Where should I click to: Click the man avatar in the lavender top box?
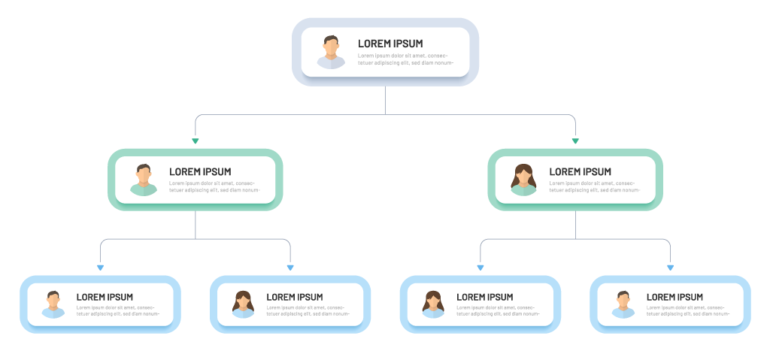tap(331, 52)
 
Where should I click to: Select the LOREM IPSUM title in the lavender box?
tap(390, 44)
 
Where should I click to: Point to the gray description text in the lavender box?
tap(406, 59)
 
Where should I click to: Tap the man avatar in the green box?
tap(143, 180)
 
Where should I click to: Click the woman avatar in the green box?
tap(523, 180)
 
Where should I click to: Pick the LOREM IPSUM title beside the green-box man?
tap(200, 171)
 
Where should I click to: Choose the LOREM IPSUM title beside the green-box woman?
tap(581, 171)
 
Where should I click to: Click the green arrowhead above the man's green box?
tap(196, 141)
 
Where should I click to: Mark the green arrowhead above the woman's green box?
tap(575, 141)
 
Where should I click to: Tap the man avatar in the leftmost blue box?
tap(53, 304)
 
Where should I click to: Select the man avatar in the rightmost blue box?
tap(623, 304)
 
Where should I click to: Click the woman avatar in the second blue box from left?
tap(243, 304)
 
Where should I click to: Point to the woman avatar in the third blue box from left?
tap(433, 304)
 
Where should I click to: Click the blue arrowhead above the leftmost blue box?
tap(100, 267)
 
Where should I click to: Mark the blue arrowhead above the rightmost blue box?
tap(670, 267)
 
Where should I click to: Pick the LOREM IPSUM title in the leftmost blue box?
tap(105, 297)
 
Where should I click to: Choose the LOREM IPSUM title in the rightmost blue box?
tap(675, 297)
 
